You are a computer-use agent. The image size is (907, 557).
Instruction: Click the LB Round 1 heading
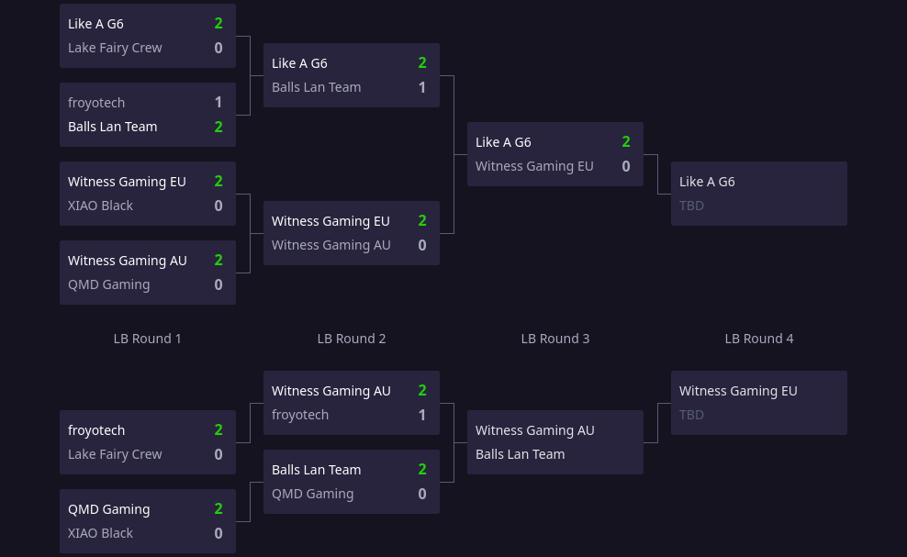coord(147,339)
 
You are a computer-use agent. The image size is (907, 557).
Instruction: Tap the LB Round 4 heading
coord(758,339)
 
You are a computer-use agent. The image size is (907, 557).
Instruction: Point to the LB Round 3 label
coord(554,339)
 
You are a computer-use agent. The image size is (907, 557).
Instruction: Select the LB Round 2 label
coord(351,339)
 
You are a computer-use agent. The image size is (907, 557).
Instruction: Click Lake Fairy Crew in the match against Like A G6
coord(115,48)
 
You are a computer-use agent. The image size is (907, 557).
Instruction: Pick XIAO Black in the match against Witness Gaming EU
coord(100,206)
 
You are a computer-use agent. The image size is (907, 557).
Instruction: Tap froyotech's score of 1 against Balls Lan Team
coord(218,103)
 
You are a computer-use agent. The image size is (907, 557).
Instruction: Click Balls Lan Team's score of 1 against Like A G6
coord(422,87)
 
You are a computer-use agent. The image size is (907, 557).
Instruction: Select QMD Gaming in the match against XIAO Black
coord(108,509)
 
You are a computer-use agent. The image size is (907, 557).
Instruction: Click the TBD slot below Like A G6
coord(691,206)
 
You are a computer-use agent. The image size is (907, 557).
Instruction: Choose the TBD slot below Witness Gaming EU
coord(691,415)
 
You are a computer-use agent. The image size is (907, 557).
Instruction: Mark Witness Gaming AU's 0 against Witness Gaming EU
coord(422,245)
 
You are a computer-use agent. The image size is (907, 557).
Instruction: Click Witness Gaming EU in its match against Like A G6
coord(534,166)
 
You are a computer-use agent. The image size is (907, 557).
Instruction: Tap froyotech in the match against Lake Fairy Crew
coord(96,430)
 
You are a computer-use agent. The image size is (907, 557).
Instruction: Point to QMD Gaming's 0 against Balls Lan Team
coord(422,494)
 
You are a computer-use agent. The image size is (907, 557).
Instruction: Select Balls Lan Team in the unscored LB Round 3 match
coord(520,454)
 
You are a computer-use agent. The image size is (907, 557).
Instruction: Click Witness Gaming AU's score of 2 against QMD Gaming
coord(218,261)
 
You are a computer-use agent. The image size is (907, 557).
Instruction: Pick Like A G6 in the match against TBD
coord(707,182)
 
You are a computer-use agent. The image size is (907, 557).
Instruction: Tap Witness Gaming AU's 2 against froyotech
coord(422,391)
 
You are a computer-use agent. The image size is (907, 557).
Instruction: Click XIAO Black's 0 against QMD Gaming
coord(218,533)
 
